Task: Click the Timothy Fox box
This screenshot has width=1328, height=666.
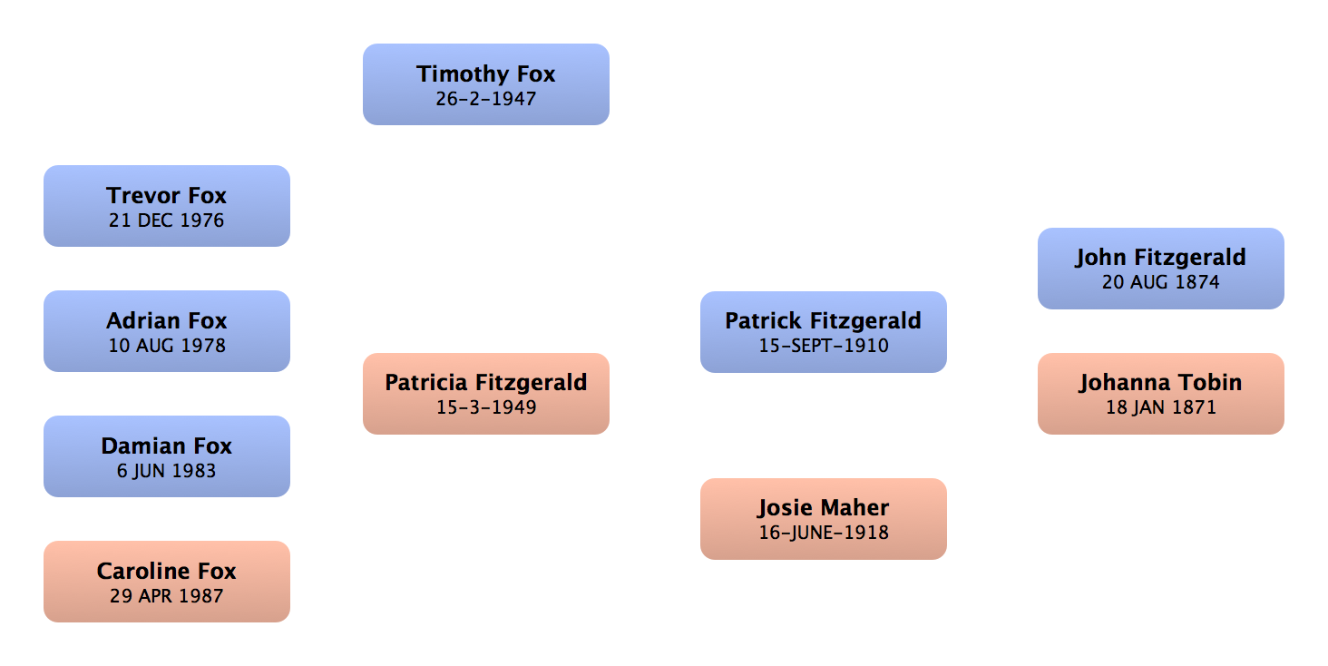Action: coord(486,84)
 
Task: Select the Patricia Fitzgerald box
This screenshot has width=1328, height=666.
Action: coord(486,394)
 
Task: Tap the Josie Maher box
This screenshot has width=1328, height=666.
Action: coord(823,519)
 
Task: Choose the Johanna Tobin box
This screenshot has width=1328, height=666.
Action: coord(1160,394)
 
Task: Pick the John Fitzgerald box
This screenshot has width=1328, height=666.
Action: coord(1160,269)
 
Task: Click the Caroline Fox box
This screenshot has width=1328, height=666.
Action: coord(167,582)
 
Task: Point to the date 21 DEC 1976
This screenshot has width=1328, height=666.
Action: coord(167,220)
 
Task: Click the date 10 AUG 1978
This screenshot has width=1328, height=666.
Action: coord(167,346)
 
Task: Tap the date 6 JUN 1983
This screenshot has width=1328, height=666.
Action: coord(167,471)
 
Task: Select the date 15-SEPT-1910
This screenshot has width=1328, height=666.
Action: coord(823,346)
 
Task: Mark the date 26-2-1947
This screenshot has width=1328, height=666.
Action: coord(486,99)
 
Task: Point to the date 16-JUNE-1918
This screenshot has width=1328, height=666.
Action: coord(823,533)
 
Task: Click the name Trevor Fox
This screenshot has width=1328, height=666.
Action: coord(167,195)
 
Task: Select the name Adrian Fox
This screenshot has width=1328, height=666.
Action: coord(167,320)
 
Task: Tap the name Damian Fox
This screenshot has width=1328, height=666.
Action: coord(167,446)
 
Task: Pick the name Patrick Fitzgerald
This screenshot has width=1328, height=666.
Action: coord(823,320)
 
